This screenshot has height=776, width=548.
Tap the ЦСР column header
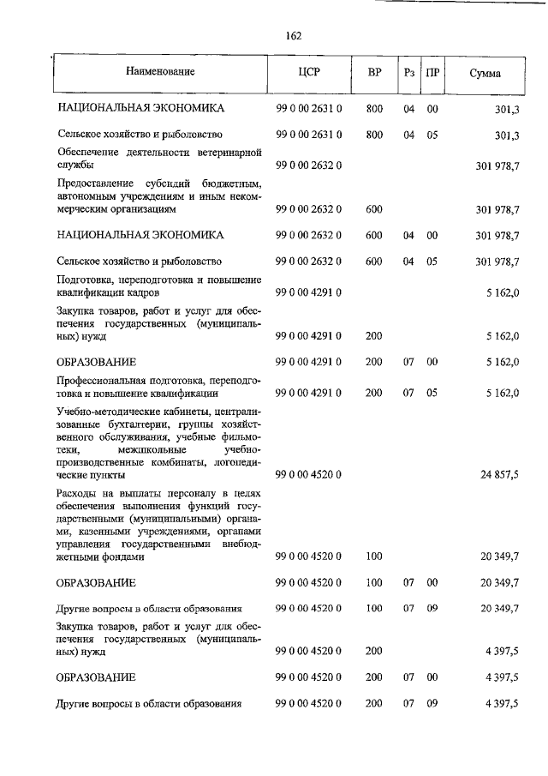[x=309, y=72]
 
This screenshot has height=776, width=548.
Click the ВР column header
[x=374, y=72]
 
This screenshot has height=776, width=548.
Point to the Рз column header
[x=409, y=72]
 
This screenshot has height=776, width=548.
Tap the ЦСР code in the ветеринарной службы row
[x=308, y=164]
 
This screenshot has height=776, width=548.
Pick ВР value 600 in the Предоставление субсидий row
[x=373, y=208]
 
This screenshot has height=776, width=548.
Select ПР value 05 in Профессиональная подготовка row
[x=432, y=393]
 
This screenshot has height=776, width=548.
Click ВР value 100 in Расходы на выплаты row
[x=373, y=556]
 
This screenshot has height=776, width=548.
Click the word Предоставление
[x=95, y=183]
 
